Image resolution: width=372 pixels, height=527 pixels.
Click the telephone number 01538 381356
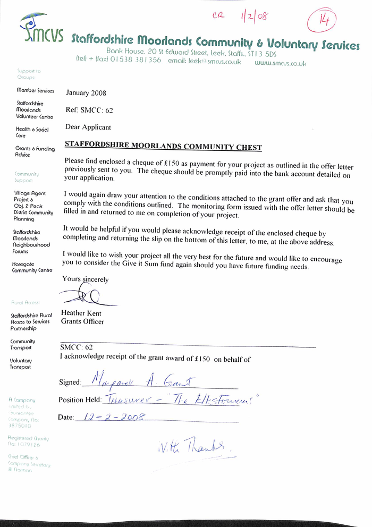tap(136, 61)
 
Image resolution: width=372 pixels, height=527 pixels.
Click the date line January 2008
tap(86, 93)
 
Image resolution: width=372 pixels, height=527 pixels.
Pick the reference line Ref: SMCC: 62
tap(89, 110)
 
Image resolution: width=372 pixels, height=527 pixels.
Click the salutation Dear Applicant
tap(88, 127)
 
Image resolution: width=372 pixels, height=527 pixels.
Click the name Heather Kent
tap(81, 313)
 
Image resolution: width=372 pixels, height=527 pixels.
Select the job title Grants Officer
tap(82, 322)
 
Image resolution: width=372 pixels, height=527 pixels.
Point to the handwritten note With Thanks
tap(195, 448)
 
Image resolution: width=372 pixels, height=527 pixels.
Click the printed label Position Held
tap(79, 399)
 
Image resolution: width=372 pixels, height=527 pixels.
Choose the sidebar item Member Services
tap(35, 91)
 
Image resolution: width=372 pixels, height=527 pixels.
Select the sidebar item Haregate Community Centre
tap(32, 267)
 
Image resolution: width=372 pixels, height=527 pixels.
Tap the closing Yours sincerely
tap(85, 279)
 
